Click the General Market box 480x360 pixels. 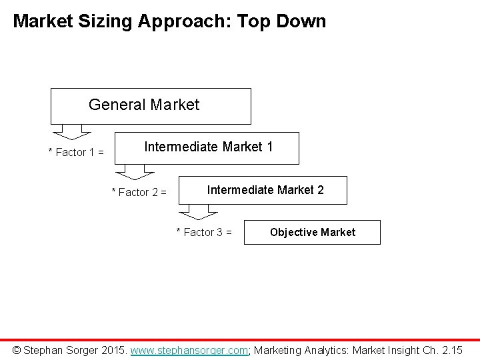pyautogui.click(x=151, y=105)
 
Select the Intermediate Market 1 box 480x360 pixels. pyautogui.click(x=207, y=147)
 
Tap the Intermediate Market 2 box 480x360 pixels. pyautogui.click(x=265, y=190)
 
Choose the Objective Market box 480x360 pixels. pyautogui.click(x=312, y=232)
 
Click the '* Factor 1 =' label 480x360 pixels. pyautogui.click(x=76, y=153)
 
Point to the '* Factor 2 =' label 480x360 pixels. pyautogui.click(x=139, y=193)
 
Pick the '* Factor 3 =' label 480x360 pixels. pyautogui.click(x=203, y=233)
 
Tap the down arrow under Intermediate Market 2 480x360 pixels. pyautogui.click(x=196, y=213)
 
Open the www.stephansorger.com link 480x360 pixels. pyautogui.click(x=189, y=349)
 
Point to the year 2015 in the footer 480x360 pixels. pyautogui.click(x=111, y=349)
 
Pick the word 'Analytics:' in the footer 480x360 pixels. pyautogui.click(x=327, y=349)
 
